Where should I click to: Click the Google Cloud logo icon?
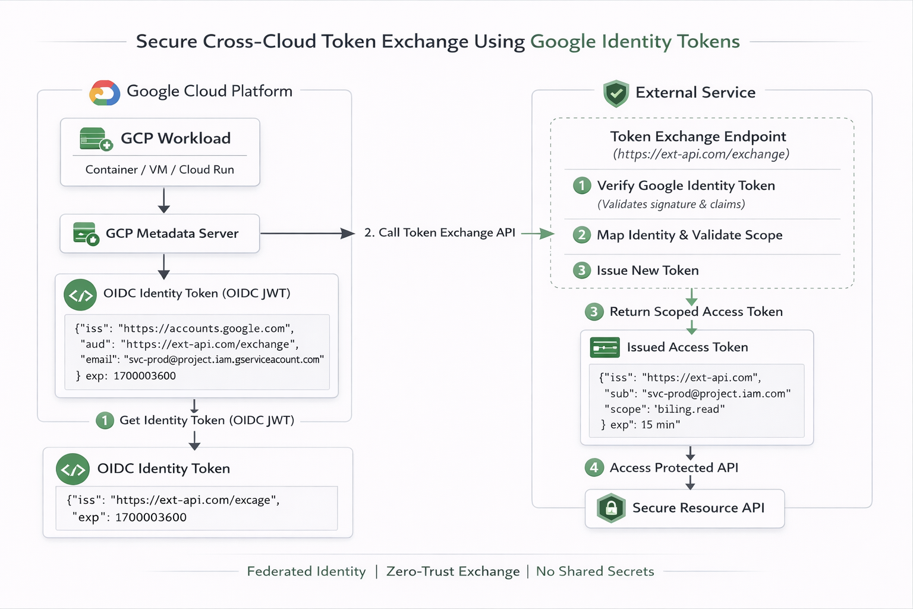[x=105, y=93]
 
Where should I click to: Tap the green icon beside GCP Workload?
[x=96, y=139]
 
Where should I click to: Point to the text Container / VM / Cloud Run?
[x=159, y=169]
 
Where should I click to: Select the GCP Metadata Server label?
[x=172, y=234]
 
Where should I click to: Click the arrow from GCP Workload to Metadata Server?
[x=164, y=200]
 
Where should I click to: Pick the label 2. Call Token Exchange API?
[x=439, y=233]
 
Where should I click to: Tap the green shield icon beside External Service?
[x=616, y=93]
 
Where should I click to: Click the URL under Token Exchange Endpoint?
[x=701, y=155]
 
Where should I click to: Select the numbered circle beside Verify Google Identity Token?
[x=582, y=186]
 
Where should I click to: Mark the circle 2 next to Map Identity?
[x=582, y=235]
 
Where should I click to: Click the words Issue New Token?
[x=647, y=271]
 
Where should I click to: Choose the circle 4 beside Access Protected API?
[x=594, y=467]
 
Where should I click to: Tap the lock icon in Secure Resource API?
[x=611, y=508]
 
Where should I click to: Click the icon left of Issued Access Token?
[x=605, y=347]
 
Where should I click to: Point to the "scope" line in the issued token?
[x=664, y=409]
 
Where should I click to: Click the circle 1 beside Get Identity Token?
[x=105, y=420]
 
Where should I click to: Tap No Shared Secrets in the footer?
[x=595, y=572]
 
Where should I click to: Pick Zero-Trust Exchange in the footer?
[x=453, y=572]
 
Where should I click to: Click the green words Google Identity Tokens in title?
[x=635, y=42]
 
